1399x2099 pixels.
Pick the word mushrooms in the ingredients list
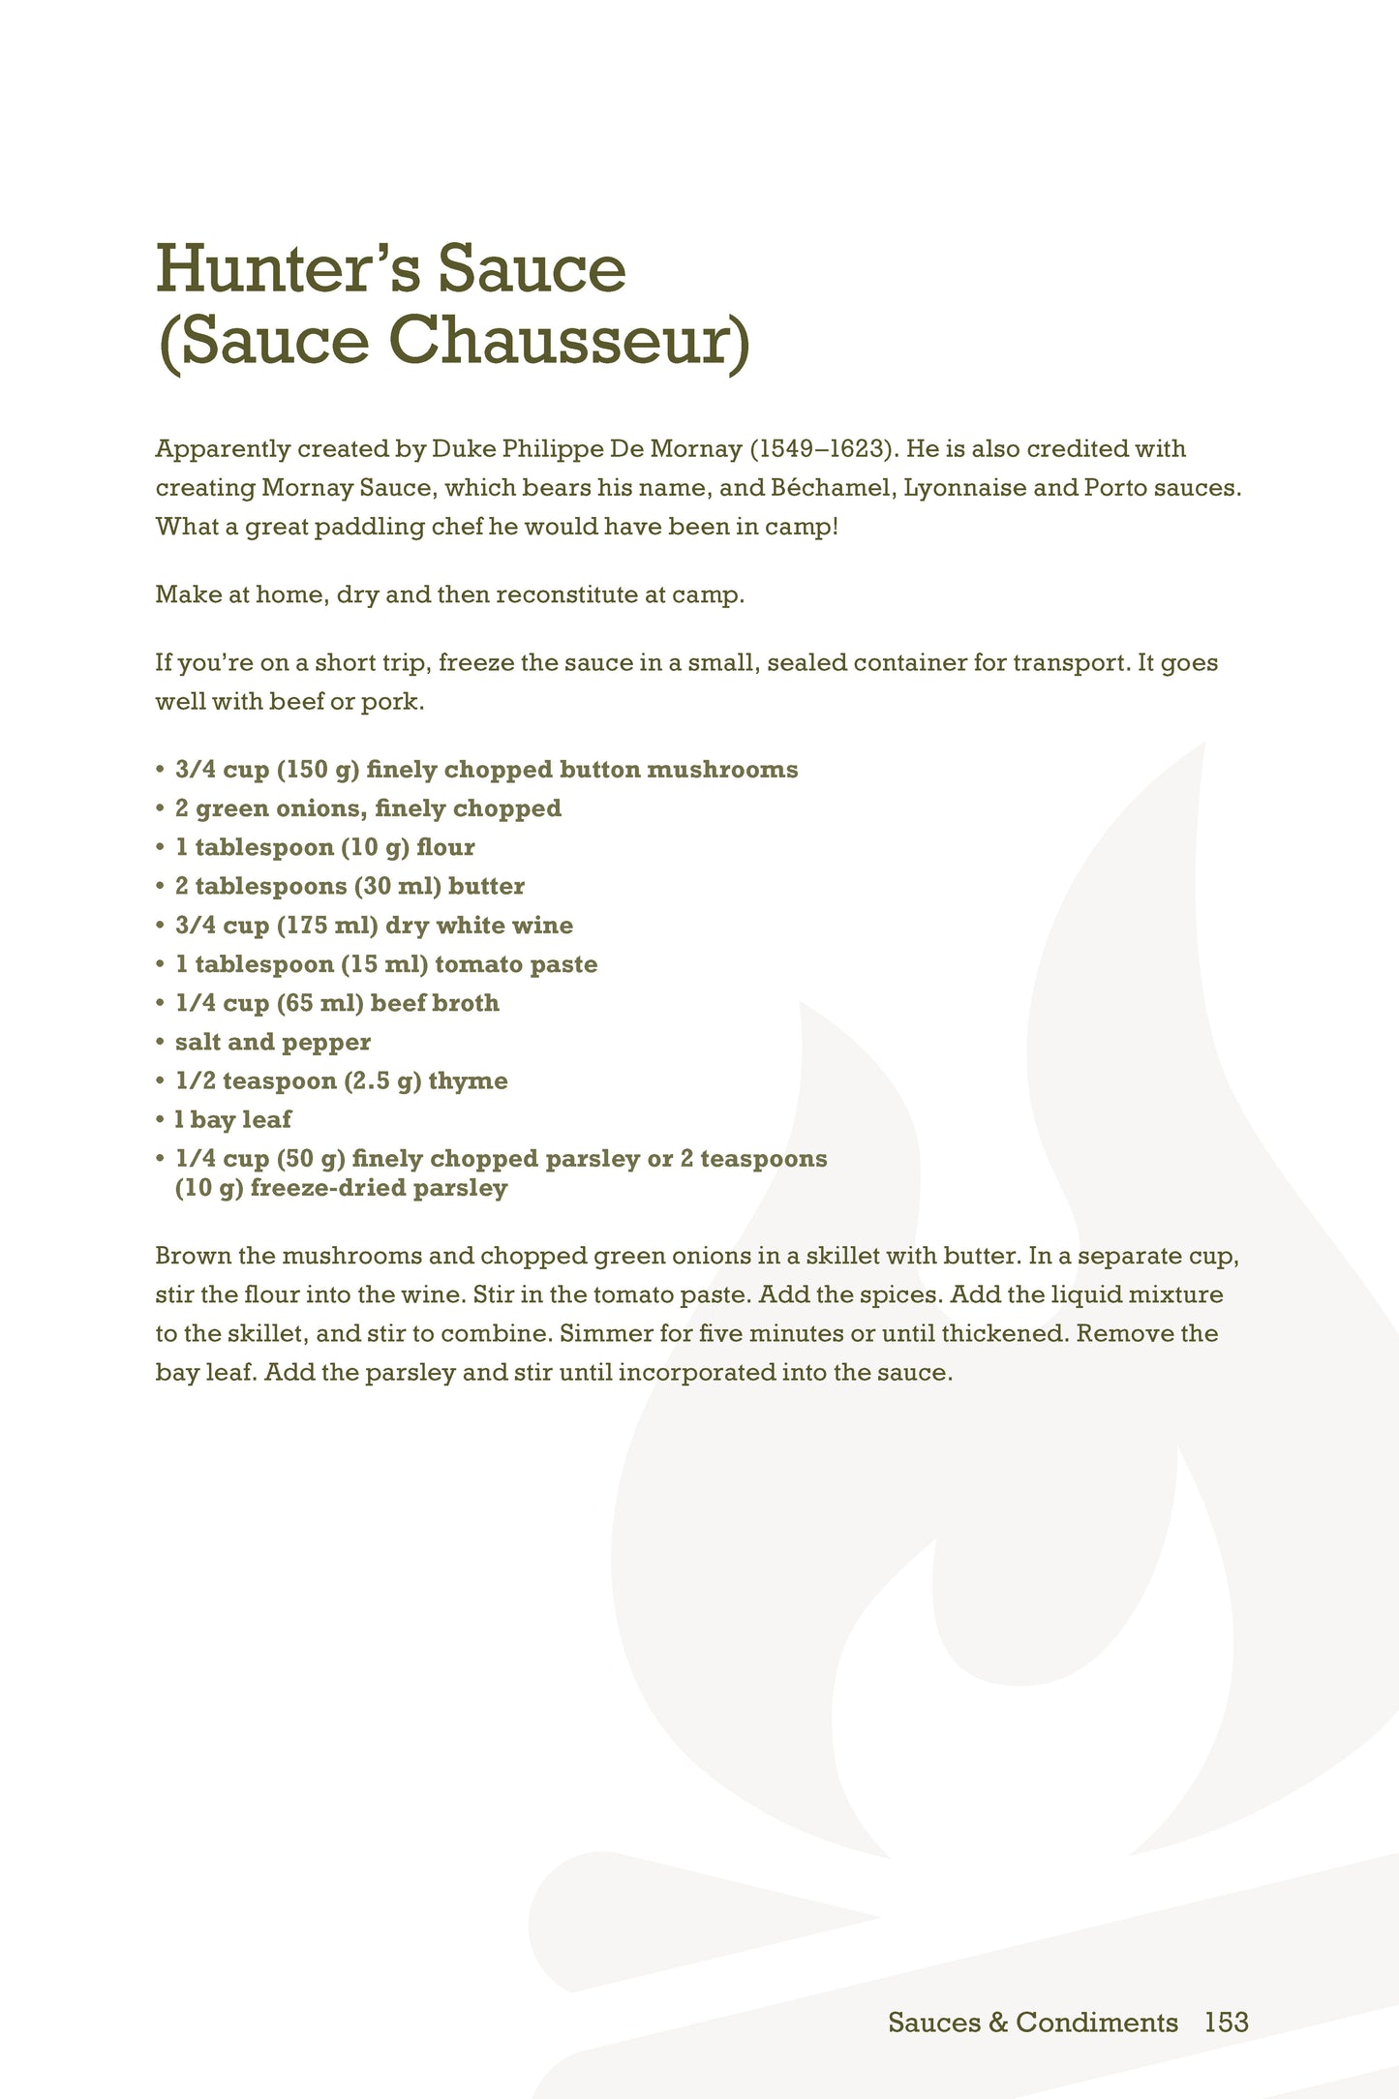[x=721, y=770]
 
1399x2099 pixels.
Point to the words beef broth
[x=435, y=1003]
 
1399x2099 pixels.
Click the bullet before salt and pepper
[x=161, y=1043]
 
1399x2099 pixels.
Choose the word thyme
[x=468, y=1080]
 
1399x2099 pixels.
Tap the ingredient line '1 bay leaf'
[x=232, y=1119]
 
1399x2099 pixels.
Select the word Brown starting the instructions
[x=192, y=1256]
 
